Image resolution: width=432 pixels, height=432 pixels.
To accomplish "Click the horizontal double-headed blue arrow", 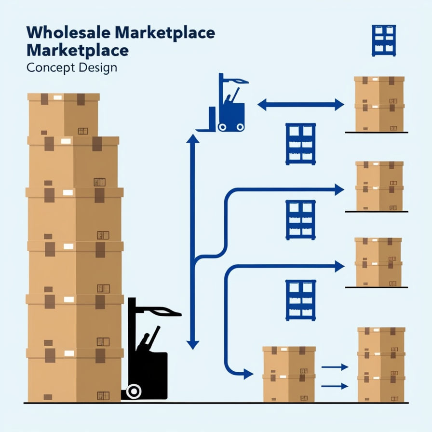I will (300, 104).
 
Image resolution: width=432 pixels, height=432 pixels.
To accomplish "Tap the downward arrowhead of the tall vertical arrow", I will (193, 344).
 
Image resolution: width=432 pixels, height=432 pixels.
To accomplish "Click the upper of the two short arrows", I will (334, 367).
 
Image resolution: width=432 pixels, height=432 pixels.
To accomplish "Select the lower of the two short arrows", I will (334, 386).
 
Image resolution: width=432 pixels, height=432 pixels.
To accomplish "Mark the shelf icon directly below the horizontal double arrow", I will (300, 143).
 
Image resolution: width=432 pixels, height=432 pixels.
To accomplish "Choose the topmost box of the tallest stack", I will (63, 115).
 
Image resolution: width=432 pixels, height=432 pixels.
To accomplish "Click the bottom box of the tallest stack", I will (75, 377).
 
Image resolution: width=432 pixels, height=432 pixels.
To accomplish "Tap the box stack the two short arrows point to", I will (381, 364).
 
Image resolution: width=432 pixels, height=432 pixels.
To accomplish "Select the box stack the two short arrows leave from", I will (289, 374).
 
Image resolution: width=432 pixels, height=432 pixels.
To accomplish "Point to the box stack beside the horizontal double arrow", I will (379, 103).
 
